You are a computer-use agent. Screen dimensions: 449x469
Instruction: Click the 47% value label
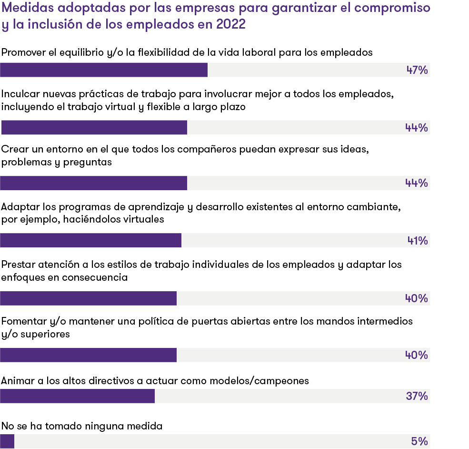[x=417, y=71]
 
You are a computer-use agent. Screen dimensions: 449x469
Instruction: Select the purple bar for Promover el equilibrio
[x=104, y=70]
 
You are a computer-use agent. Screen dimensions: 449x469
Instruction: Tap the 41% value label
[x=418, y=241]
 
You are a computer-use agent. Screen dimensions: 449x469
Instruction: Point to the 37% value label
[x=417, y=396]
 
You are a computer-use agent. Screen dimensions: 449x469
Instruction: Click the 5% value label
[x=419, y=441]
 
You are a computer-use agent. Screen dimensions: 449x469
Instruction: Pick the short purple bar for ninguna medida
[x=7, y=441]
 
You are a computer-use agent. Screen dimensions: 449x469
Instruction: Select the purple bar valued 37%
[x=77, y=396]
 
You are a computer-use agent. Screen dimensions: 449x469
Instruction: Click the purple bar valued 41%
[x=90, y=241]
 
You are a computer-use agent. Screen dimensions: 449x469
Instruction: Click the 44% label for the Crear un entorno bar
[x=417, y=183]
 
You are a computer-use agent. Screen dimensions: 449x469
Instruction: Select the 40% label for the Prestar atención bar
[x=417, y=298]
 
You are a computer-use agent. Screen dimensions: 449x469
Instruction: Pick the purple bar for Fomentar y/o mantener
[x=88, y=355]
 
